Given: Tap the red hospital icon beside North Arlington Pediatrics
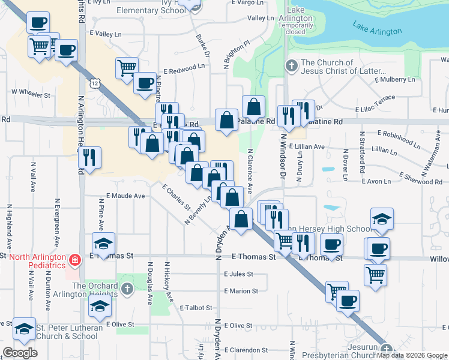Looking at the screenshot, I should pyautogui.click(x=74, y=260).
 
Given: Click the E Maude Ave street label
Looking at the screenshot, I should pyautogui.click(x=125, y=196).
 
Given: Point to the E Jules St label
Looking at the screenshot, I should pyautogui.click(x=238, y=274).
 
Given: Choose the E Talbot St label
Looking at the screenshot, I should pyautogui.click(x=196, y=308).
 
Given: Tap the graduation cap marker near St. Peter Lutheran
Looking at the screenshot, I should pyautogui.click(x=25, y=328).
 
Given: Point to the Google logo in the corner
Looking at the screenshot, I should pyautogui.click(x=20, y=353).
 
